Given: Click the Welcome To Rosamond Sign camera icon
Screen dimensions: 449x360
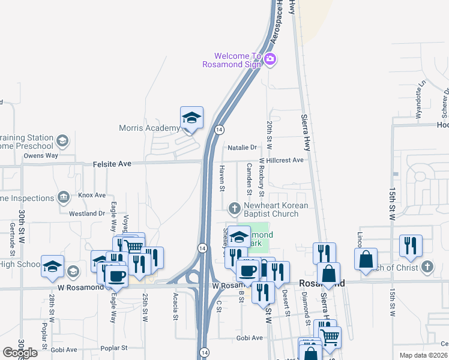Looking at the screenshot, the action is coord(270,58).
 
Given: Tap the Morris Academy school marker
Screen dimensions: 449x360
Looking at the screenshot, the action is coord(191,118).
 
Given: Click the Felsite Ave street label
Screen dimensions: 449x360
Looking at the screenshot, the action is coord(112,163).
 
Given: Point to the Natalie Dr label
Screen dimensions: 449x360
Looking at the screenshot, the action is coord(242,147).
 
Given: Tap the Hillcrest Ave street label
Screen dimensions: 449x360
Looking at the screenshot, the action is coord(285,160).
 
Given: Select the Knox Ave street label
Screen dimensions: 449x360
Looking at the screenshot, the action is coord(92,196).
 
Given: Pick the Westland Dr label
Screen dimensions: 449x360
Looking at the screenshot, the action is coord(87,214).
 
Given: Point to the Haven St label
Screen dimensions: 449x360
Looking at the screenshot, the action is coord(221,179).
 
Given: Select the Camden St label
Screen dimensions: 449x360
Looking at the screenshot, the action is coord(249,179).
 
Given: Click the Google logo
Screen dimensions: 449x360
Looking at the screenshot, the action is coord(20,352).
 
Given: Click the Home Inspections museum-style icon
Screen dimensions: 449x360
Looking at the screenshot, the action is coord(63,198).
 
